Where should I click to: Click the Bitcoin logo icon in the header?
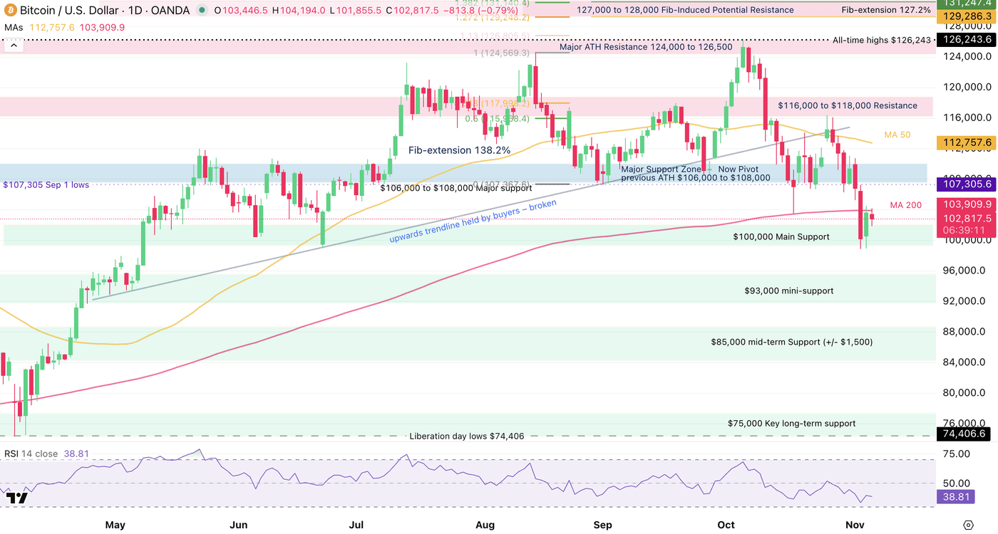pos(11,10)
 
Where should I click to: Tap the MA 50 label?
pos(897,135)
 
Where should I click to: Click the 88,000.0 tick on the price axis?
pos(966,332)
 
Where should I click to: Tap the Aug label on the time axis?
pos(485,525)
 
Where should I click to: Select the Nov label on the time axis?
pos(855,525)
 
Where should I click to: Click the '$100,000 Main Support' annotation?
pos(781,236)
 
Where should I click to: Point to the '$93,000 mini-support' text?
pos(788,290)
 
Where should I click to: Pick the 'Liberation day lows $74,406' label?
pos(466,436)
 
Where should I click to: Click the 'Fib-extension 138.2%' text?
pos(459,150)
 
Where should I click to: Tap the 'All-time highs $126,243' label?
pos(882,40)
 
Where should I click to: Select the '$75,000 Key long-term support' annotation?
pos(791,423)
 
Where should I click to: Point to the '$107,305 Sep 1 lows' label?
pos(46,184)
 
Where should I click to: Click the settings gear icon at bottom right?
pos(967,525)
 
